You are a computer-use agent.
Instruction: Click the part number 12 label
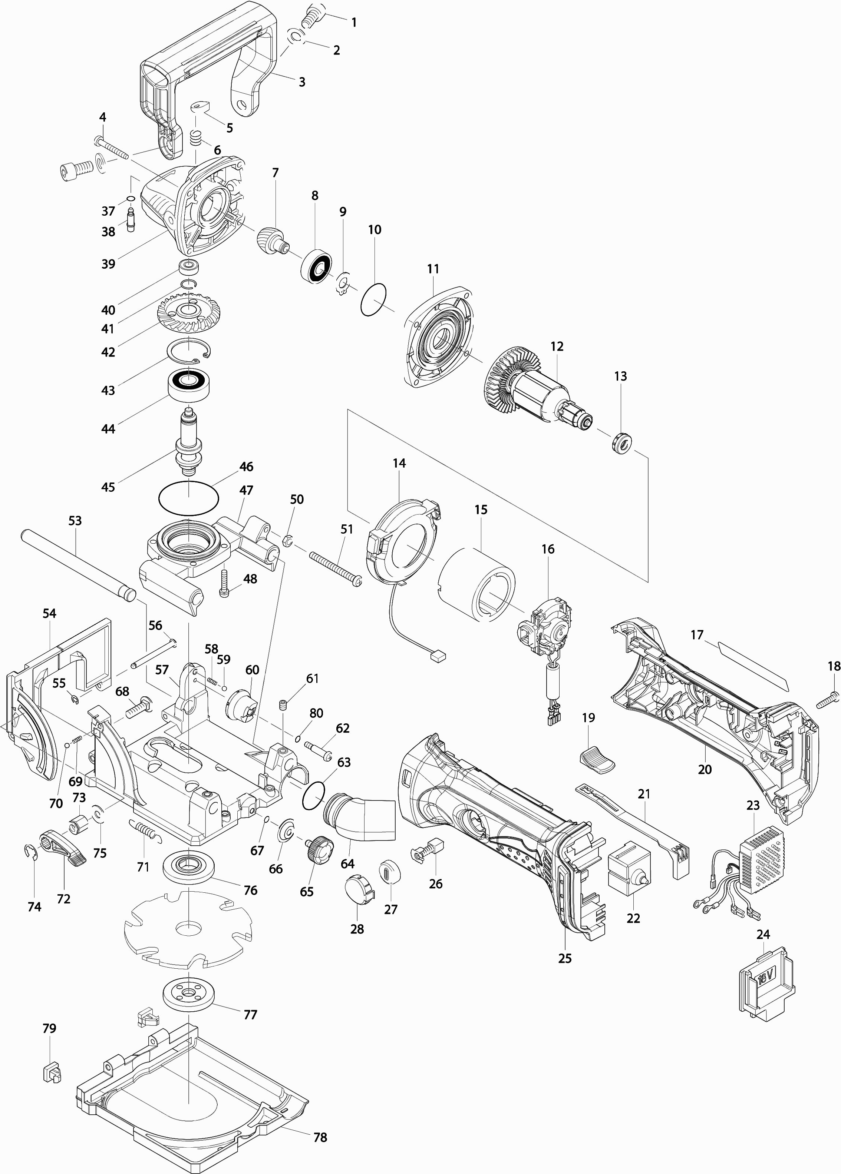tap(557, 346)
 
